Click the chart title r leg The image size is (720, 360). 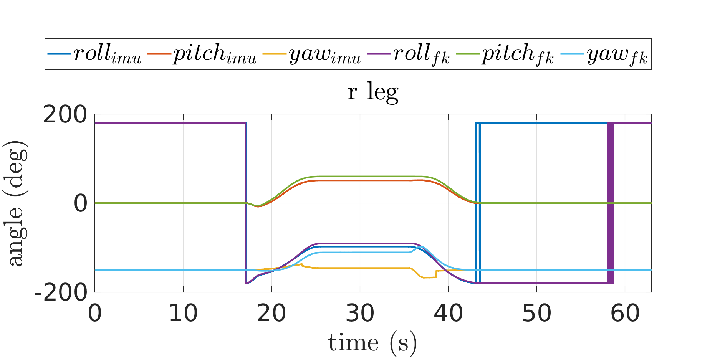point(372,92)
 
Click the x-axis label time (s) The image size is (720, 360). point(372,342)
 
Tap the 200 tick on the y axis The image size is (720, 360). point(65,114)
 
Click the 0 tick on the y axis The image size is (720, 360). point(81,203)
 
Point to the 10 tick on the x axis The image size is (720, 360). point(183,313)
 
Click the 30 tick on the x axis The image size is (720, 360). point(360,313)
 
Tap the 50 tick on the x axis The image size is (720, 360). point(536,313)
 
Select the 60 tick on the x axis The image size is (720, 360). point(625,313)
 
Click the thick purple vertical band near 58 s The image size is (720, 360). point(610,203)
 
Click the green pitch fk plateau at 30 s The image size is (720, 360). point(360,177)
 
